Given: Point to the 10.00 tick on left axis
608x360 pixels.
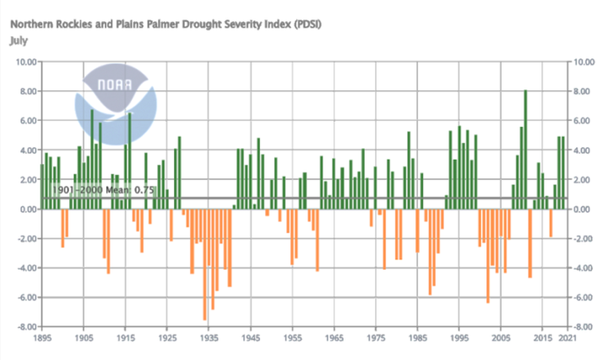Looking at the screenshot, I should [24, 62].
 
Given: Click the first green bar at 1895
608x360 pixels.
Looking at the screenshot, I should [42, 186].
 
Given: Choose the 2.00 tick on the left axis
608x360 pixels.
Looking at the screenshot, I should [26, 180].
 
